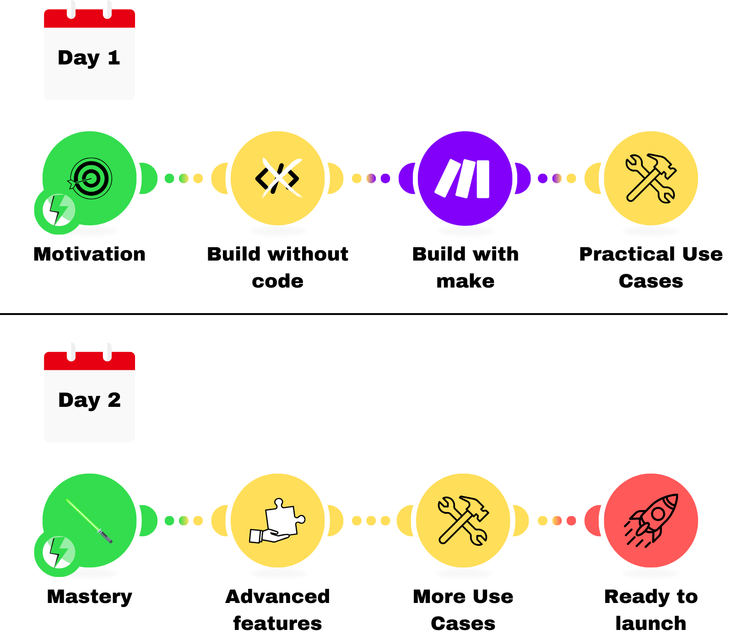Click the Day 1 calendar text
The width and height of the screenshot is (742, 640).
tap(89, 58)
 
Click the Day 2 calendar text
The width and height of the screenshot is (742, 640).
tap(89, 400)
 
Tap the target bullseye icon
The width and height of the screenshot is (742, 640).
tap(91, 178)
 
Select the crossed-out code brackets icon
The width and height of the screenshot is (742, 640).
tap(277, 178)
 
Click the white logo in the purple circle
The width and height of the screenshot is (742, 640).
tap(463, 178)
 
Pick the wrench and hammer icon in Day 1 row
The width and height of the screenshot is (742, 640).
tap(650, 178)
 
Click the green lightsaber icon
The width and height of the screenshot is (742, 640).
tap(89, 521)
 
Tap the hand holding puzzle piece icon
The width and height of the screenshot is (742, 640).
tap(277, 521)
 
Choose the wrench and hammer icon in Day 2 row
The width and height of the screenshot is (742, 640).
tap(463, 521)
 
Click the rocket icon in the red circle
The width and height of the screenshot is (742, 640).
tap(651, 521)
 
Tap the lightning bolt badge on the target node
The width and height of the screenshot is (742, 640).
tap(58, 211)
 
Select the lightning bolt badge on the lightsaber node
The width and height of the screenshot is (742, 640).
tap(58, 553)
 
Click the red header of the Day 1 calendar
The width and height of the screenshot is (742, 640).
tap(89, 19)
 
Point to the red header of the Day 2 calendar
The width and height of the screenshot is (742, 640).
tap(89, 361)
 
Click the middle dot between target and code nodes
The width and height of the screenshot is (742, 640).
tap(184, 178)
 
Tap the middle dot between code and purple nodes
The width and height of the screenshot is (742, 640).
tap(371, 178)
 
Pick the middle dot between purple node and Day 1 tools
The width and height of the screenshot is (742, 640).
tap(557, 178)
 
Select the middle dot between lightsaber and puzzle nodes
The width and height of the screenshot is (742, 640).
tap(184, 521)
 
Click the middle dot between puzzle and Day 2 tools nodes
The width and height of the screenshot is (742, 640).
tap(371, 521)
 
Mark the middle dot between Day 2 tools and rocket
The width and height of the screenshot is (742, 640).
tap(557, 521)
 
